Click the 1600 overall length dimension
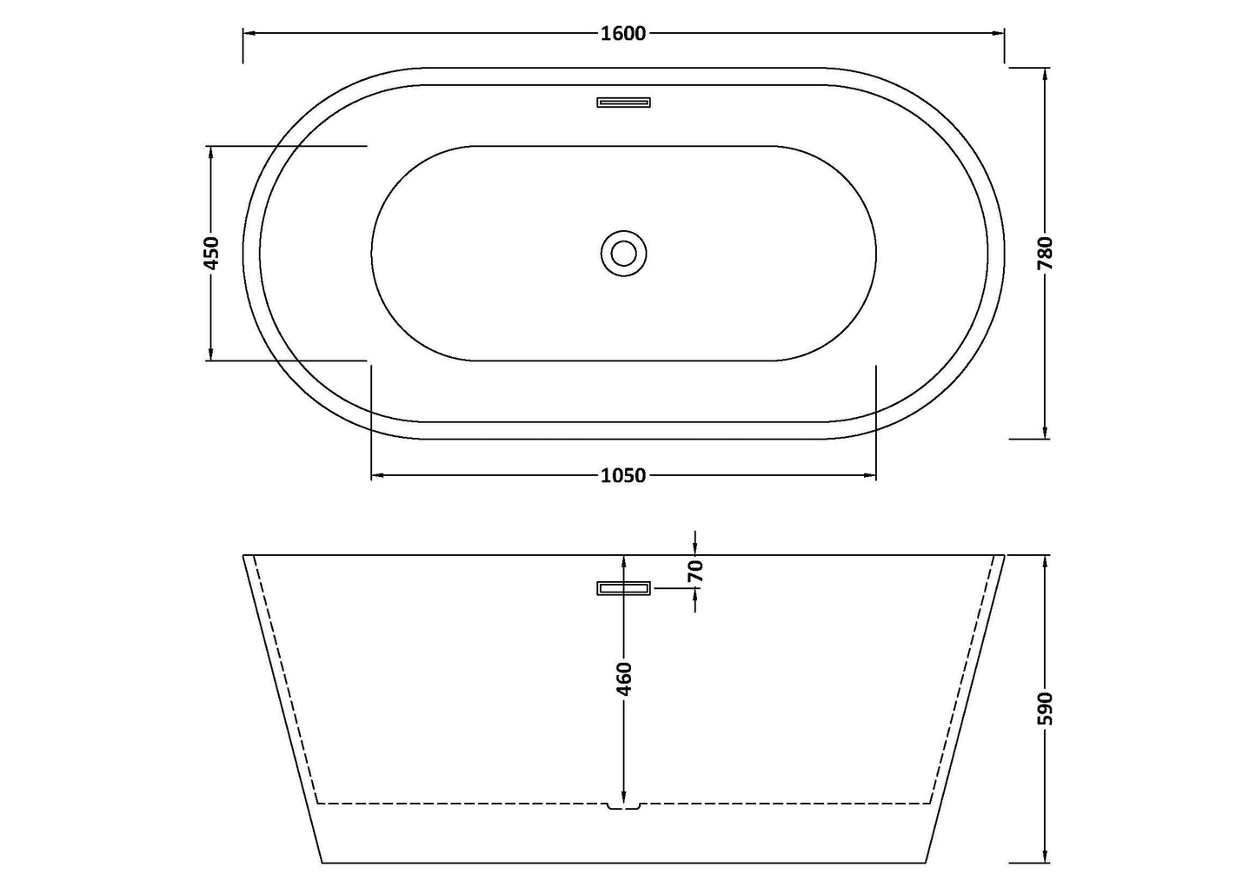pos(623,34)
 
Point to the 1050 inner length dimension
pos(623,475)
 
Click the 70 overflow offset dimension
pos(695,571)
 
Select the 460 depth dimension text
pos(623,678)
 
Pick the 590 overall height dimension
pos(1045,708)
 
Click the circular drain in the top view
pos(623,253)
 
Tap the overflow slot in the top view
pos(623,103)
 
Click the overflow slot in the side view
pos(623,589)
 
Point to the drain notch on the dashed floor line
pos(623,807)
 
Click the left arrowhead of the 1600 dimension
pos(249,34)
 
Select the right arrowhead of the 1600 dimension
pos(999,34)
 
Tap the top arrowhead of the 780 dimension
pos(1045,74)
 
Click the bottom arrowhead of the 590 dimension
pos(1045,857)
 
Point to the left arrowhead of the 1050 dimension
pos(377,475)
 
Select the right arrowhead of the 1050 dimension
pos(870,475)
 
